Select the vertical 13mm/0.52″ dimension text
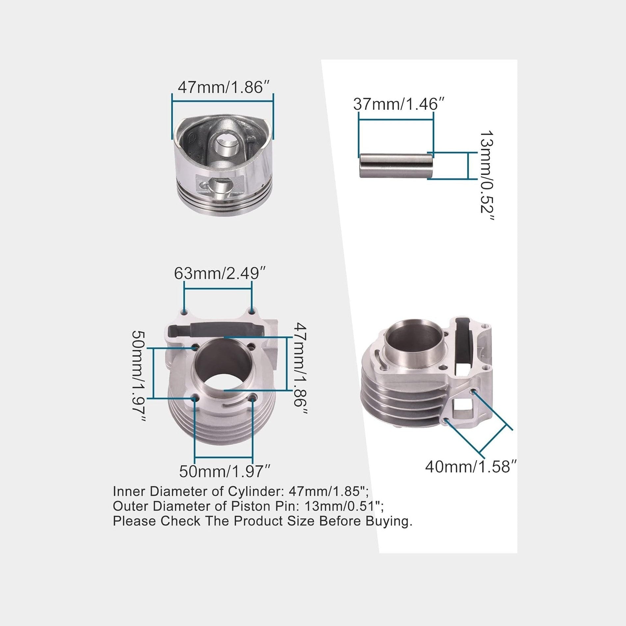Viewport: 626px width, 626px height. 486,176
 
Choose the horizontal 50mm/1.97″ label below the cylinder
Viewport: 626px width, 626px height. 225,471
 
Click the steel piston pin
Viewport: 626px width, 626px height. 396,166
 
